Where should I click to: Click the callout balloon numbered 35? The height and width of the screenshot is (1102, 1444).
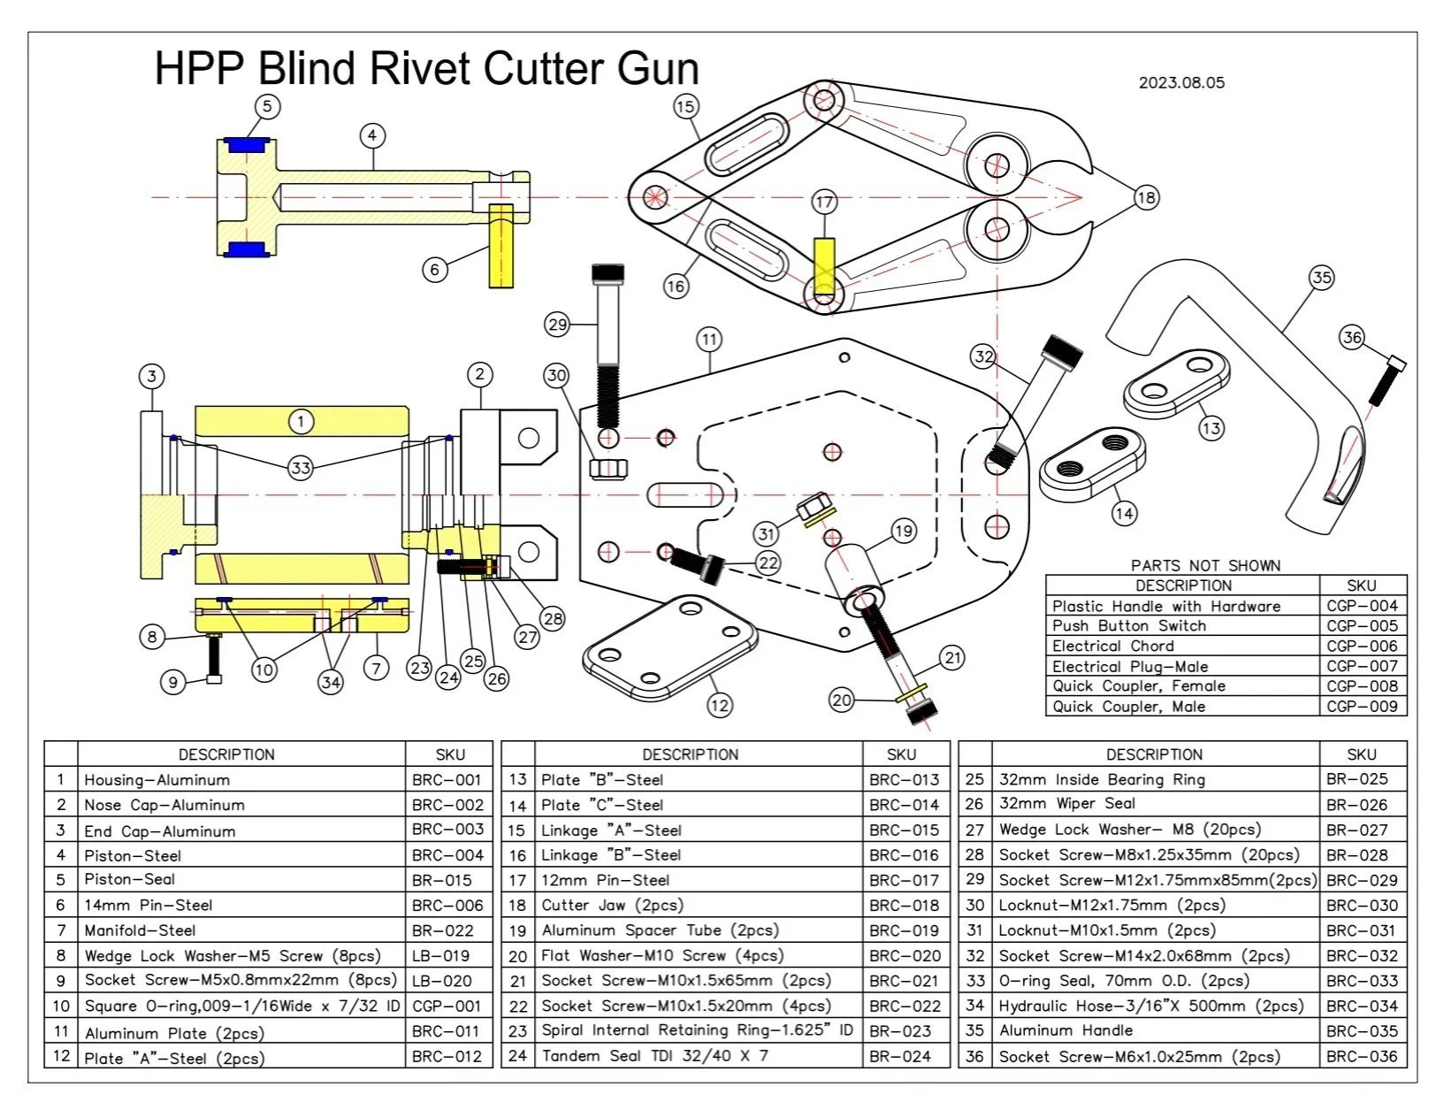[x=1321, y=278]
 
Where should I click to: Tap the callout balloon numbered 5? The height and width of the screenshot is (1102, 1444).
[x=267, y=107]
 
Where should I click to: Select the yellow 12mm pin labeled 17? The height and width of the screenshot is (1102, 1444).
[x=823, y=266]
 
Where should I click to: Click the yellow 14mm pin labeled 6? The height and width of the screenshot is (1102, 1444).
[x=501, y=245]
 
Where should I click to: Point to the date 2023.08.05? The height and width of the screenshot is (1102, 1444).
[x=1181, y=83]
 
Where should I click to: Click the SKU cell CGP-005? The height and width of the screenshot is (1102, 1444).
[x=1362, y=625]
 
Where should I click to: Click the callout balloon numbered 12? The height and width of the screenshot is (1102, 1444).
[x=720, y=705]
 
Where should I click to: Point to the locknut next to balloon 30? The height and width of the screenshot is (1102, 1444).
[x=607, y=467]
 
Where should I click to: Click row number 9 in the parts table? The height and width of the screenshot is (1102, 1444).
[x=61, y=981]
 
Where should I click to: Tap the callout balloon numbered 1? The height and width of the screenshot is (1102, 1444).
[x=301, y=421]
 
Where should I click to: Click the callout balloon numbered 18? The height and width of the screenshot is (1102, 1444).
[x=1146, y=197]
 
